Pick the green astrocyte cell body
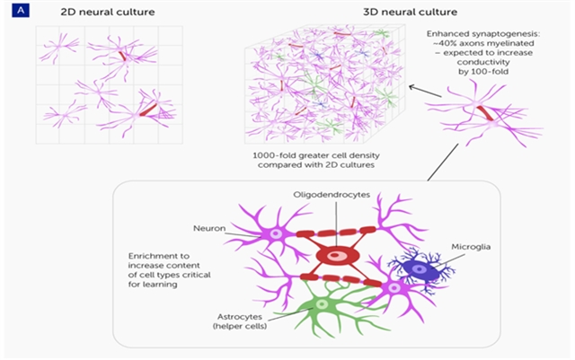click(321, 304)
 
